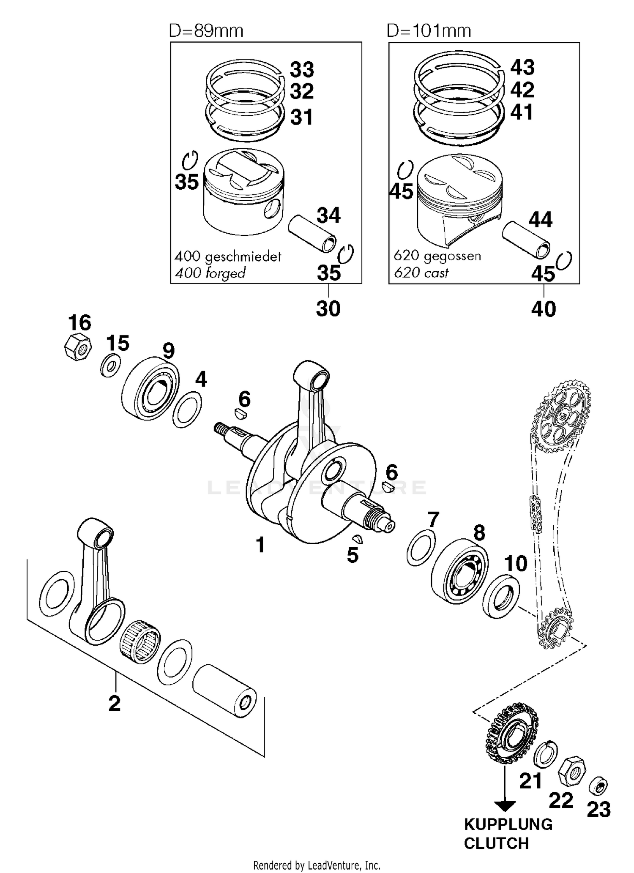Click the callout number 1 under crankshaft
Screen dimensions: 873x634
coord(260,545)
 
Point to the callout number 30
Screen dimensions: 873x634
coord(328,309)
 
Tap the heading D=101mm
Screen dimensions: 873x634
coord(429,31)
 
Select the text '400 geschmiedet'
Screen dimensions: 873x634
coord(228,256)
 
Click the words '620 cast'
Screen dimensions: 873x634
coord(421,273)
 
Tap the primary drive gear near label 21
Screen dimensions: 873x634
coord(511,737)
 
